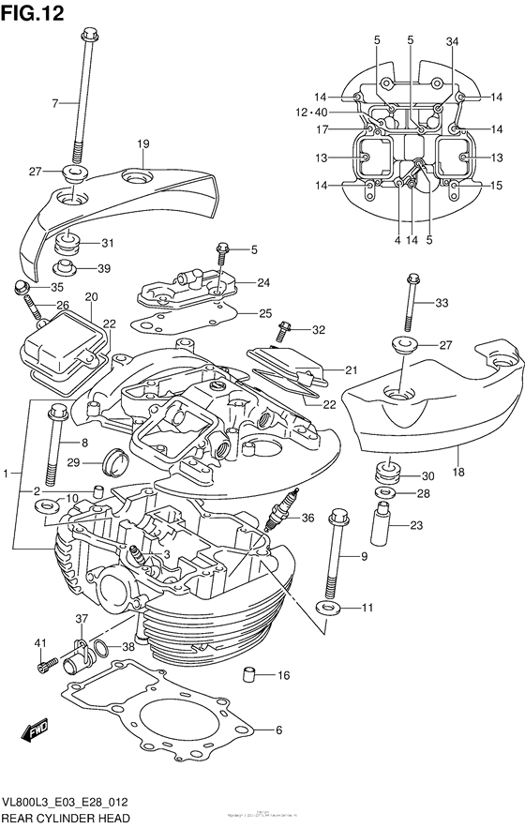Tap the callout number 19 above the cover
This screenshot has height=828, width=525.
pos(142,143)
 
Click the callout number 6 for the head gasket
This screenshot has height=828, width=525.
pos(277,730)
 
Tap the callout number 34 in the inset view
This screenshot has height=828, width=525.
pos(453,40)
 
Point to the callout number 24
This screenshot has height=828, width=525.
pos(263,282)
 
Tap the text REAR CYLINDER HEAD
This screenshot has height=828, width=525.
pos(67,819)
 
